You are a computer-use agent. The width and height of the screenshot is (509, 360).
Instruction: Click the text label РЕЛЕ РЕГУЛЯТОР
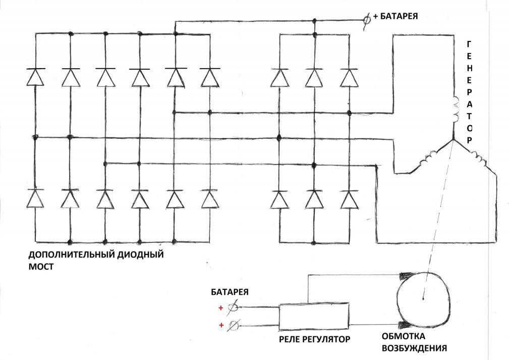(x=314, y=338)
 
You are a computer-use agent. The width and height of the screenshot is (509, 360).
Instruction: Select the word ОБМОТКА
(x=403, y=336)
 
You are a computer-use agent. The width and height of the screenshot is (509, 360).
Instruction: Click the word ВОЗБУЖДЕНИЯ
(x=414, y=348)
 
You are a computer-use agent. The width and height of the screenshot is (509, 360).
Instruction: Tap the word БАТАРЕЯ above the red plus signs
(x=230, y=292)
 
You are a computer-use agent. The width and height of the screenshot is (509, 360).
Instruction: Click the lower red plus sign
(x=220, y=325)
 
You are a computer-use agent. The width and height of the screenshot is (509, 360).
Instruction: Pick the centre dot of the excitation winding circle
(x=423, y=298)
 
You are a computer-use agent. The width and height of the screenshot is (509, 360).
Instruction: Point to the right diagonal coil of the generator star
(x=479, y=161)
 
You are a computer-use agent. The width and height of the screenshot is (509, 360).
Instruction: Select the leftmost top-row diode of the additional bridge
(x=35, y=77)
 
